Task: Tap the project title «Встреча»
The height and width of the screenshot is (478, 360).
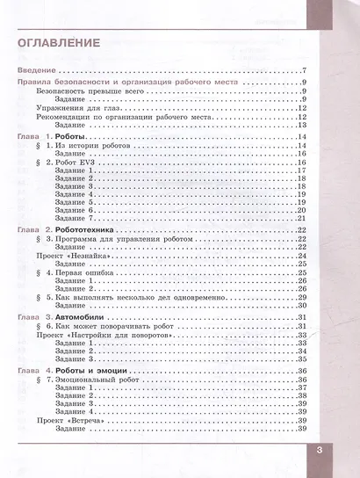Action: [x=98, y=421]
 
